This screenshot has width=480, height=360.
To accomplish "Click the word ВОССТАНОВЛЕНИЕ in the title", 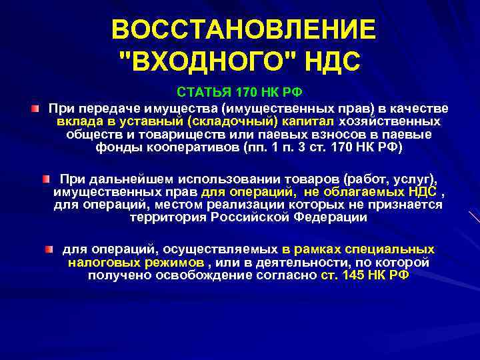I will tap(243, 30).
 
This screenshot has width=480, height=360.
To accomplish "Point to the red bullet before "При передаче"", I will tap(35, 108).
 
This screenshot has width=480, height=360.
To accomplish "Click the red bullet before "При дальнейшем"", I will tap(45, 179).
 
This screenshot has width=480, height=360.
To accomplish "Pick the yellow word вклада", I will tap(79, 121).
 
